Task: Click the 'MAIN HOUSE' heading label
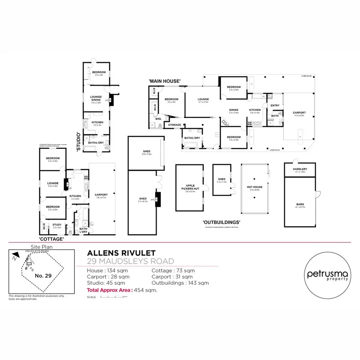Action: click(x=164, y=81)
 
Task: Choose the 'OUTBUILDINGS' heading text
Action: click(x=221, y=222)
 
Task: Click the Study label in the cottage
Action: click(x=57, y=225)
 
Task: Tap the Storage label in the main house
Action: click(x=174, y=125)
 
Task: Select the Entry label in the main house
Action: click(x=275, y=106)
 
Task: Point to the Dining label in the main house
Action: click(x=234, y=110)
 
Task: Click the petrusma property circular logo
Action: click(x=327, y=275)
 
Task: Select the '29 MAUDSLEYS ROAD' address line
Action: click(x=130, y=261)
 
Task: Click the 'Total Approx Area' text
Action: click(x=110, y=290)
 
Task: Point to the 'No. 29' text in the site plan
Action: click(x=42, y=276)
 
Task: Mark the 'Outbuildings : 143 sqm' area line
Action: click(x=180, y=283)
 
